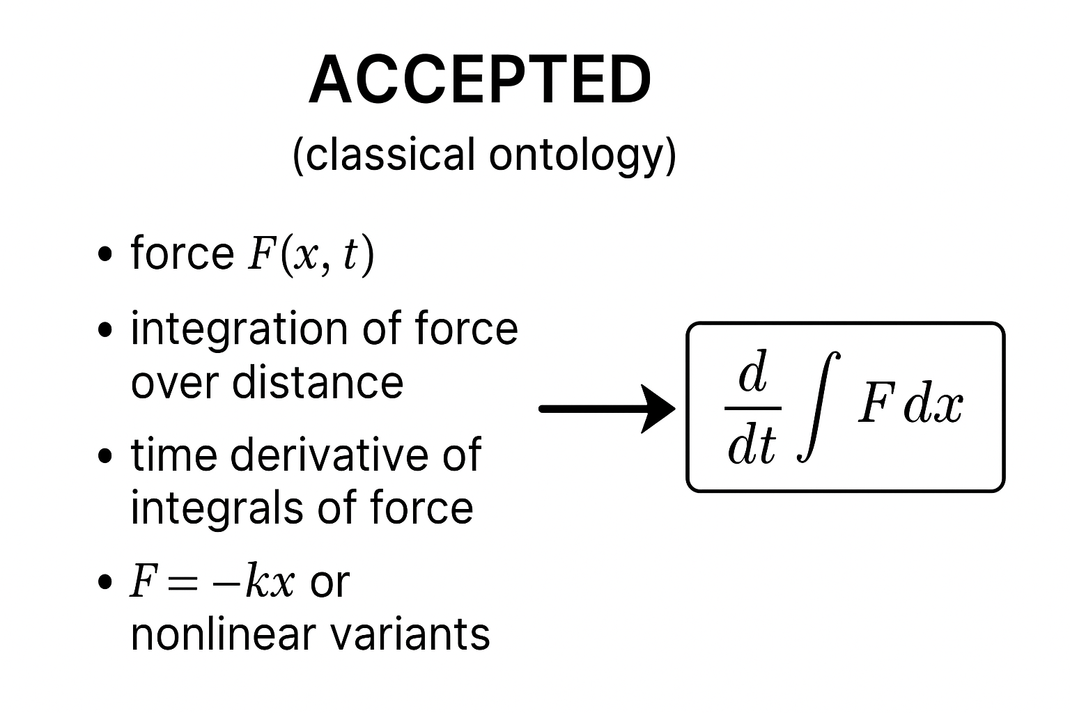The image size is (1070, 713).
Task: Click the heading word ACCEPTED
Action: tap(480, 79)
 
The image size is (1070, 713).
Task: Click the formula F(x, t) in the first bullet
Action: tap(311, 255)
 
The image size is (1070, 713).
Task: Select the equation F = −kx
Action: tap(212, 582)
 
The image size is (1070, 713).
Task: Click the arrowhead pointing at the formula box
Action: tap(658, 409)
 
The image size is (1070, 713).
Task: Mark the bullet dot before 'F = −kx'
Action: tap(106, 582)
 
